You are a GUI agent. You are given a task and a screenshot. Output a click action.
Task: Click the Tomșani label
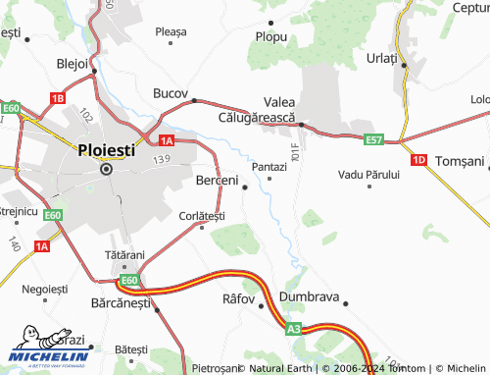[x=460, y=160]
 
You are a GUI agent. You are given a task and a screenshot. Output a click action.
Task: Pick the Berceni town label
[x=218, y=181]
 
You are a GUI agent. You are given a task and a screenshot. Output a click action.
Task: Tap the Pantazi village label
[x=269, y=167]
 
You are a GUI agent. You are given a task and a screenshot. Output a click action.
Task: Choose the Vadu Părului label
[x=368, y=174]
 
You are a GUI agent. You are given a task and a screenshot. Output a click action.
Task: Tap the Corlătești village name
[x=203, y=215]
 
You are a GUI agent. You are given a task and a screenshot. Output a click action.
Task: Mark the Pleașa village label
[x=171, y=31]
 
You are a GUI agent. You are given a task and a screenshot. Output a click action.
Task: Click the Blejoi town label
[x=73, y=63]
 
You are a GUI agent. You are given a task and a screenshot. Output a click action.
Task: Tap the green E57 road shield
[x=372, y=141]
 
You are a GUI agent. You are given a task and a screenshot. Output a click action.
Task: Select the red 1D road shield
[x=419, y=159]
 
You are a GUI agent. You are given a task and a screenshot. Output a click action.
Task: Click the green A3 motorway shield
[x=294, y=330]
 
